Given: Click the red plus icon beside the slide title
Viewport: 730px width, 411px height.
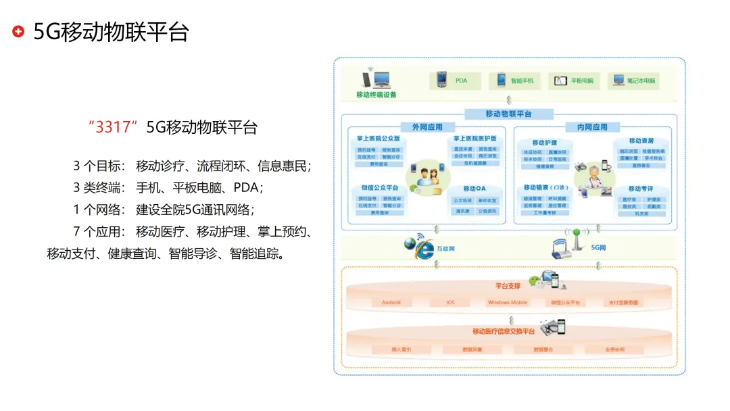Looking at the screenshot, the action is tap(19, 32).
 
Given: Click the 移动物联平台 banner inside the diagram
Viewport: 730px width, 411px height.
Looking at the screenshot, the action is tap(509, 114).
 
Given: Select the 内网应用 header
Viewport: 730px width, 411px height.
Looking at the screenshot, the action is tap(592, 127).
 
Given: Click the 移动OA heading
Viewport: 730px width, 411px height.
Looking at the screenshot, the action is tap(474, 189).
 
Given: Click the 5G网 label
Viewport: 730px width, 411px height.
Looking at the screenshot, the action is tap(598, 248).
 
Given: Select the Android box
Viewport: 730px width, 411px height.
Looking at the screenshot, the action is tap(391, 302).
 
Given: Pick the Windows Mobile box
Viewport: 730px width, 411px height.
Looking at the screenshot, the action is tap(508, 302).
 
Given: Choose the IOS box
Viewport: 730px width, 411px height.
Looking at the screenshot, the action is tap(450, 302).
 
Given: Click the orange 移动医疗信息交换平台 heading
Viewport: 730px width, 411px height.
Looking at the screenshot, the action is tap(504, 331).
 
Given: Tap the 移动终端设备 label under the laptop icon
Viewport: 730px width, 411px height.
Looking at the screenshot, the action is tap(376, 95).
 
